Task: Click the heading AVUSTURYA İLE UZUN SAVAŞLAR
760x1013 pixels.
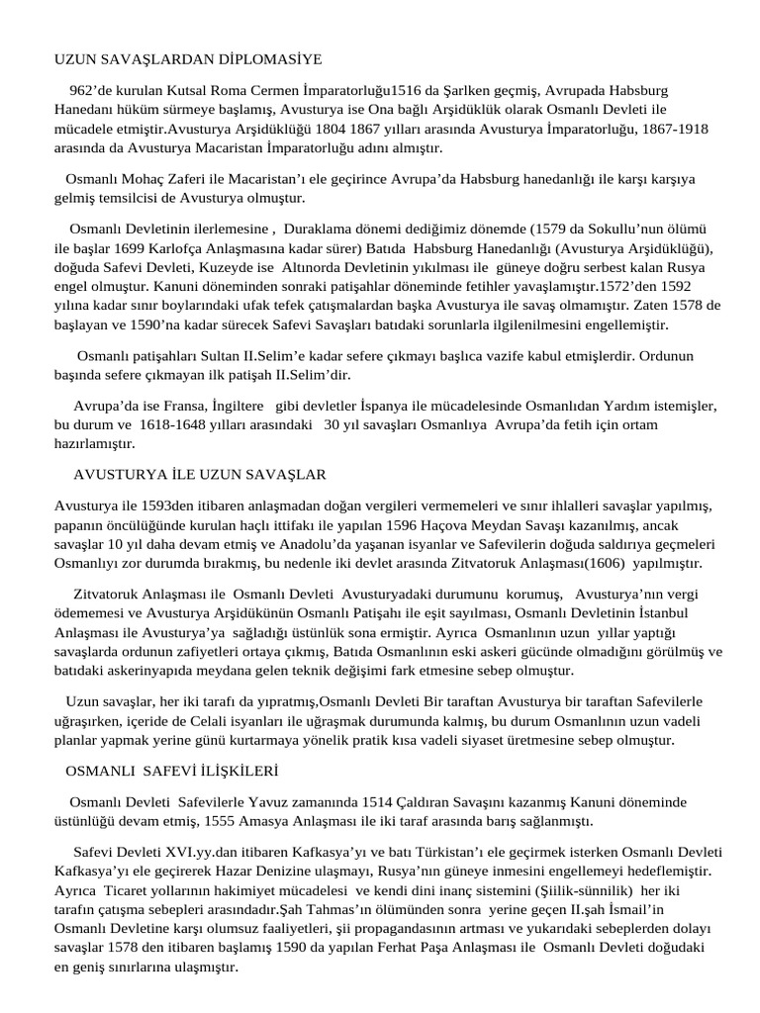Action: (200, 474)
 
